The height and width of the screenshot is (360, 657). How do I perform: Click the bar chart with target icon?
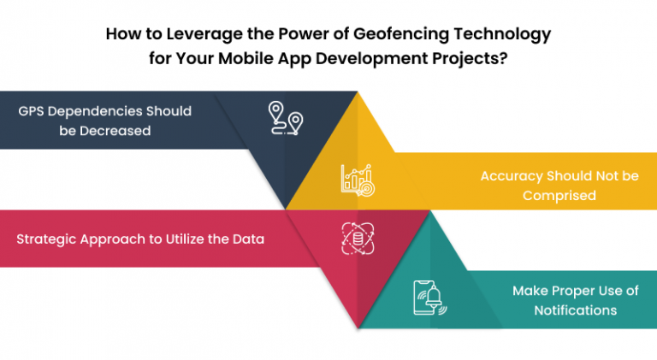(356, 179)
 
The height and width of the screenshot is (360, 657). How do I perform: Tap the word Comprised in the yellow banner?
(559, 195)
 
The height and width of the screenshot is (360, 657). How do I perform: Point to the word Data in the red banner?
(247, 239)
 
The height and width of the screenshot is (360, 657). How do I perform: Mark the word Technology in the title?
(499, 35)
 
